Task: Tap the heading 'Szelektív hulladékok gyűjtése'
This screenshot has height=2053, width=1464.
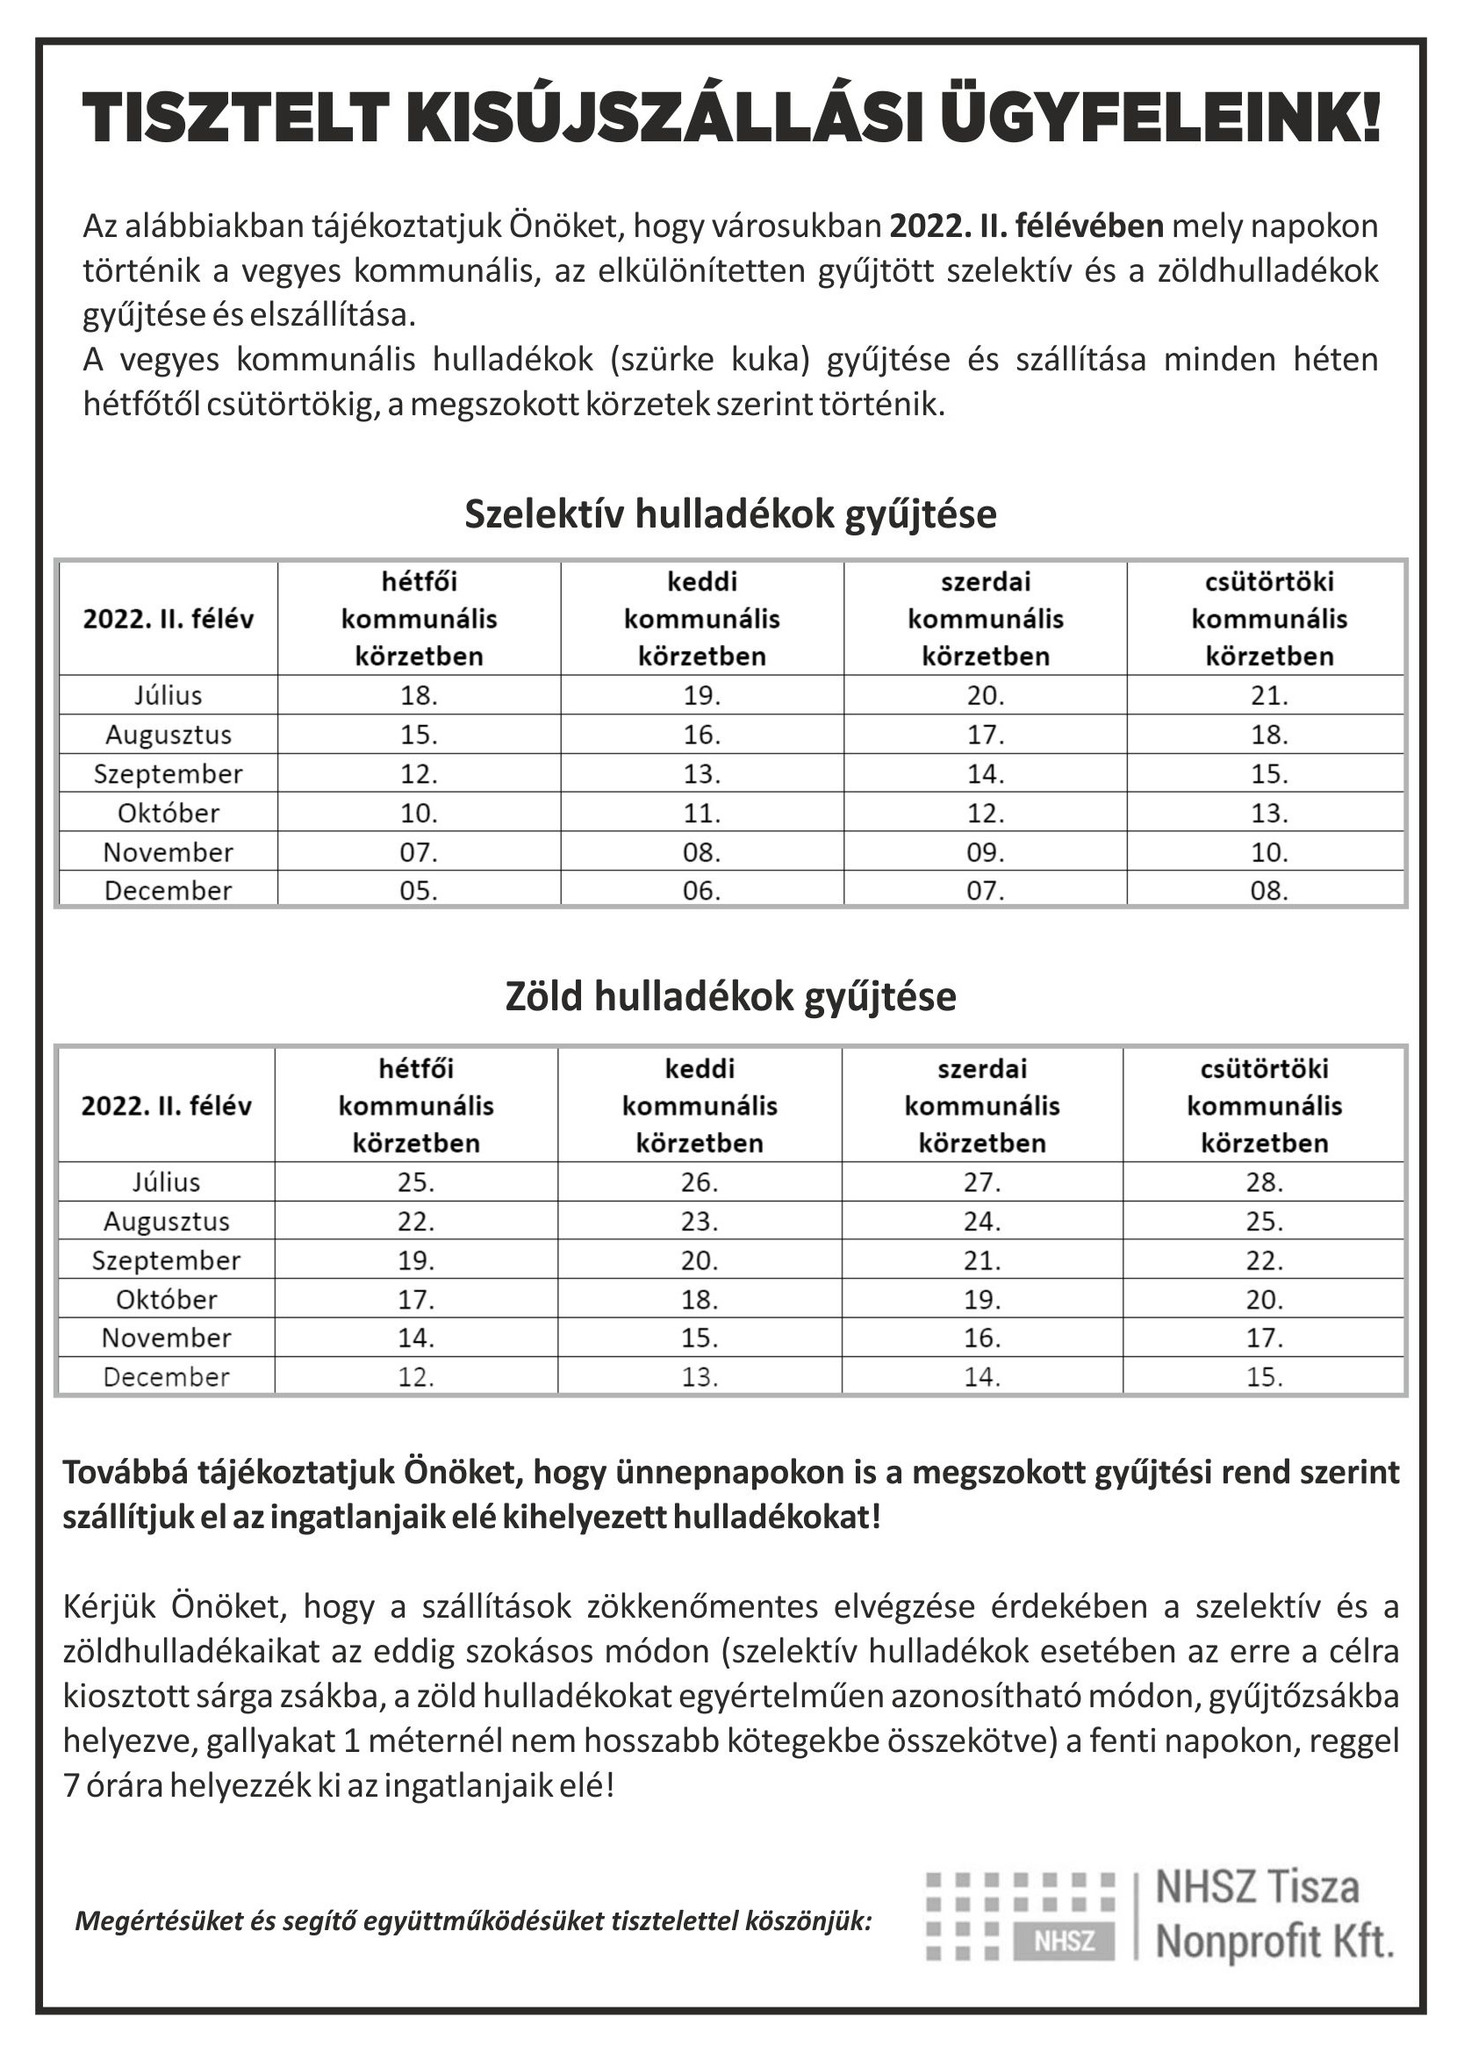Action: tap(730, 514)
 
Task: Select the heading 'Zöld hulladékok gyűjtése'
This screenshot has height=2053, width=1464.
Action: tap(730, 997)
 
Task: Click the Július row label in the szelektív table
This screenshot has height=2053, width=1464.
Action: tap(169, 696)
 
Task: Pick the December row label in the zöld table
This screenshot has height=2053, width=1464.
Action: tap(167, 1377)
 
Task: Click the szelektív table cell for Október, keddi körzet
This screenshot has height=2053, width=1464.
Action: tap(701, 813)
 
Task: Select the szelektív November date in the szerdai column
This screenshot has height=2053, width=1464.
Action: tap(986, 851)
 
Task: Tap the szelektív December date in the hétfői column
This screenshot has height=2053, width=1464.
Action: tap(420, 890)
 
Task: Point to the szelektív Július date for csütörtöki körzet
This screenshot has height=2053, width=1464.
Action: tap(1268, 696)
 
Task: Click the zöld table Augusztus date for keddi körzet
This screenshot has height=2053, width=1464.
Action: tap(700, 1221)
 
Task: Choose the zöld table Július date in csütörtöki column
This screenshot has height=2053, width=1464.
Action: tap(1264, 1182)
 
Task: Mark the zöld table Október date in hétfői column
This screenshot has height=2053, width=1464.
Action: tap(417, 1300)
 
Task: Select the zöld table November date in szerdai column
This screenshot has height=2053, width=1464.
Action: tap(982, 1339)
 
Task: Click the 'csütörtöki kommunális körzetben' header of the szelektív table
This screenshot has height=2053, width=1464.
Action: tap(1268, 619)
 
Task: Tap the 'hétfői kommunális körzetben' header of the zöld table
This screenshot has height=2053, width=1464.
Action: tap(417, 1106)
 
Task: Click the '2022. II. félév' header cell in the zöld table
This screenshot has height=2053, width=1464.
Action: tap(167, 1106)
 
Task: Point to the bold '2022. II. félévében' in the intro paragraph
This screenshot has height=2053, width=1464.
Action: tap(1027, 226)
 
